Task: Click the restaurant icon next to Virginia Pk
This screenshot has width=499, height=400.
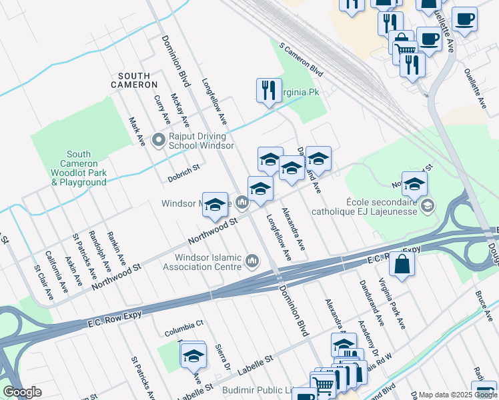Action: tap(268, 90)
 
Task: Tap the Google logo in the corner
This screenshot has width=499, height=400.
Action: tap(22, 392)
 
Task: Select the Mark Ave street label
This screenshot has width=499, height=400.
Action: tap(137, 131)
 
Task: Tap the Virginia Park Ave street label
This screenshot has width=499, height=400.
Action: tap(392, 303)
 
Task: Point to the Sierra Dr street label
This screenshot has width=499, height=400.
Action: tap(223, 357)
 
